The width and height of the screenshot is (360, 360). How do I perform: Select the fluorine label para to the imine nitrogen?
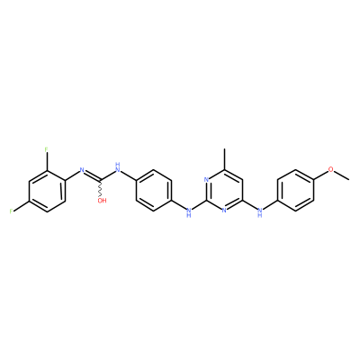(x=11, y=211)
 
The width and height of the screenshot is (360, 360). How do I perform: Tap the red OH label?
(x=102, y=201)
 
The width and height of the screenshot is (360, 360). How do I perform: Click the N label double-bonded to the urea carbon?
(x=82, y=170)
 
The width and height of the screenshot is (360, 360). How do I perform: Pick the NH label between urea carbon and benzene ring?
(x=118, y=168)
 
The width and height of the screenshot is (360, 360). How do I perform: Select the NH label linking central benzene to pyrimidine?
(x=189, y=212)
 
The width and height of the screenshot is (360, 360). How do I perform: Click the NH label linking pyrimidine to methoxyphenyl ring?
(x=260, y=212)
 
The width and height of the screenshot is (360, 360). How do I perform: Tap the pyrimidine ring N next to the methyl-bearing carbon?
(x=206, y=180)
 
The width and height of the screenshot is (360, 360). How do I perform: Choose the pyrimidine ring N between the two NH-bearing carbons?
(x=224, y=211)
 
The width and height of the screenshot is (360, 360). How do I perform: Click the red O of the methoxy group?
(x=331, y=169)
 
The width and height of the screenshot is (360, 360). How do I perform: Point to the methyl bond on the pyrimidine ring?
(x=224, y=159)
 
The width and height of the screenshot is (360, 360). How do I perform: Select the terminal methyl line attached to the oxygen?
(x=341, y=175)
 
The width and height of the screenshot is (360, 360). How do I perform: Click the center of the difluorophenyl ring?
(x=47, y=191)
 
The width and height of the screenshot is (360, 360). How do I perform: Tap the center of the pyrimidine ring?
(x=224, y=191)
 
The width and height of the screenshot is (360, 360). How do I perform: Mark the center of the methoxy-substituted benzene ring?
(x=295, y=191)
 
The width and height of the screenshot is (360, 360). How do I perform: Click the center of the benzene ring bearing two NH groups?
(x=154, y=191)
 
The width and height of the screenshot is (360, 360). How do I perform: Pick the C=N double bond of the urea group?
(x=93, y=176)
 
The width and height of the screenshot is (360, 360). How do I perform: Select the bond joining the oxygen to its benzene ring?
(x=320, y=175)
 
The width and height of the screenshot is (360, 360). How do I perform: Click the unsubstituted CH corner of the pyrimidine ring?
(x=242, y=180)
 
